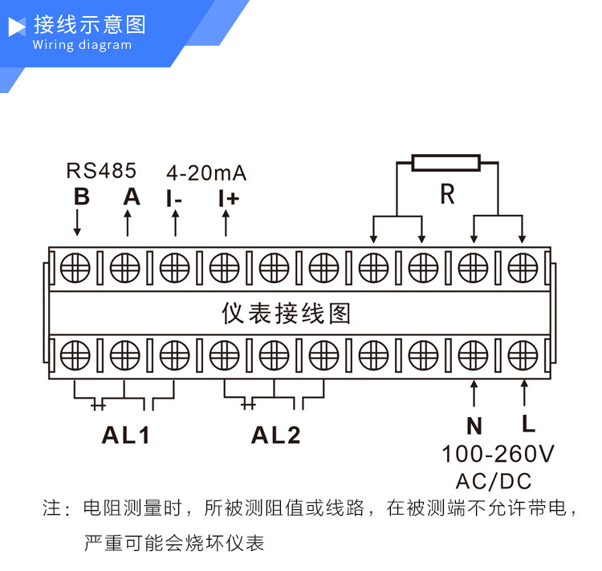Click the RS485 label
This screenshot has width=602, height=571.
tap(101, 171)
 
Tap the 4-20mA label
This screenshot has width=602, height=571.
tap(206, 173)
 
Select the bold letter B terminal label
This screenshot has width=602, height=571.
tap(82, 197)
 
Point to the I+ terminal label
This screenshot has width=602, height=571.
tap(229, 199)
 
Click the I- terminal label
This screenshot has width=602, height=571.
tap(174, 199)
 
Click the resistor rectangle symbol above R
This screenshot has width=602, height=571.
tap(446, 163)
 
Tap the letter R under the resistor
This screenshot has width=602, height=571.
tap(447, 194)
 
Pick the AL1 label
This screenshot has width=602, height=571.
tap(125, 435)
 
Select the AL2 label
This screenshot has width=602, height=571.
tap(275, 435)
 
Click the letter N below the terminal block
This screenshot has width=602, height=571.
tap(474, 426)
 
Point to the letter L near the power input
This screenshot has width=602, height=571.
tap(528, 423)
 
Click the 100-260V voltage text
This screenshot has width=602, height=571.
tap(498, 454)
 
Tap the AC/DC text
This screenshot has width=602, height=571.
tap(494, 481)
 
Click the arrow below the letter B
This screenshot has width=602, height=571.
tap(77, 222)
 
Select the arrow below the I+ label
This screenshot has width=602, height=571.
tap(226, 223)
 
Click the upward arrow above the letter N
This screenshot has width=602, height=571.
tap(474, 393)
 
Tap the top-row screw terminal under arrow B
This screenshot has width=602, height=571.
tap(75, 268)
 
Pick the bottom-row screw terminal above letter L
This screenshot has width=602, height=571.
tap(523, 355)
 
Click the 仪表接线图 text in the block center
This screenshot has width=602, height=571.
tap(286, 314)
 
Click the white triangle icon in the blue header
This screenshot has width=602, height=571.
tap(17, 26)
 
